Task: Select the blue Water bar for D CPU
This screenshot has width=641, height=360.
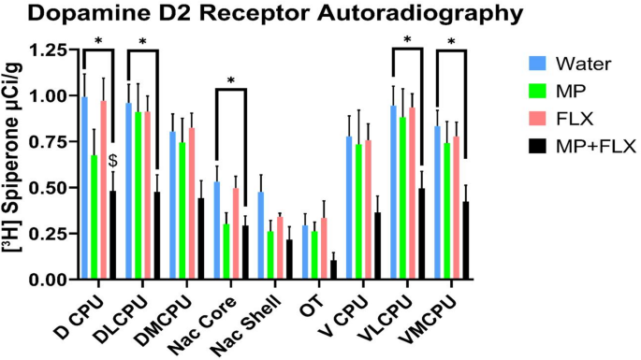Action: pos(84,188)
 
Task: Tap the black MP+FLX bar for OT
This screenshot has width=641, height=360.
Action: pos(334,270)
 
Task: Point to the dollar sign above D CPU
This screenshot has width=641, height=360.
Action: pos(112,161)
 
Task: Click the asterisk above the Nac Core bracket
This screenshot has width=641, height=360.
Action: pos(231,80)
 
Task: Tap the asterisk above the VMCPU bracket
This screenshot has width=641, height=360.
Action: pos(452,42)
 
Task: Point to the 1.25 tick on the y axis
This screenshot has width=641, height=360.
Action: pos(47,50)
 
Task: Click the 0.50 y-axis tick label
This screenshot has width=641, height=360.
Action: pos(47,187)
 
